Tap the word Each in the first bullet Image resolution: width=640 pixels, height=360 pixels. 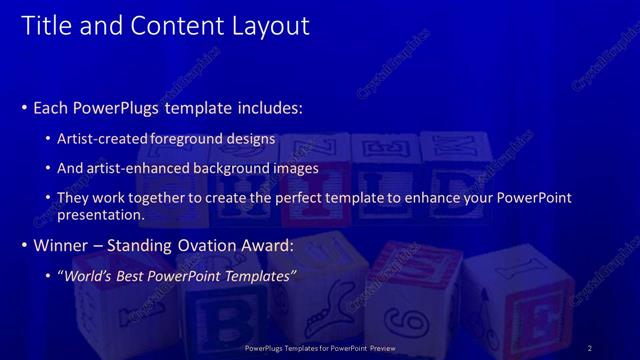pyautogui.click(x=52, y=107)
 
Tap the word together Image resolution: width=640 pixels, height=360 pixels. pyautogui.click(x=175, y=198)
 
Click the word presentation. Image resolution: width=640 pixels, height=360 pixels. pyautogui.click(x=103, y=214)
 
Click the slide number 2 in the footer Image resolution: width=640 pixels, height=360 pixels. pyautogui.click(x=590, y=348)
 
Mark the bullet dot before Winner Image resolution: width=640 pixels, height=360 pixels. pyautogui.click(x=24, y=245)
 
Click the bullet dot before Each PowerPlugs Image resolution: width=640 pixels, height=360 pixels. pyautogui.click(x=24, y=107)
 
